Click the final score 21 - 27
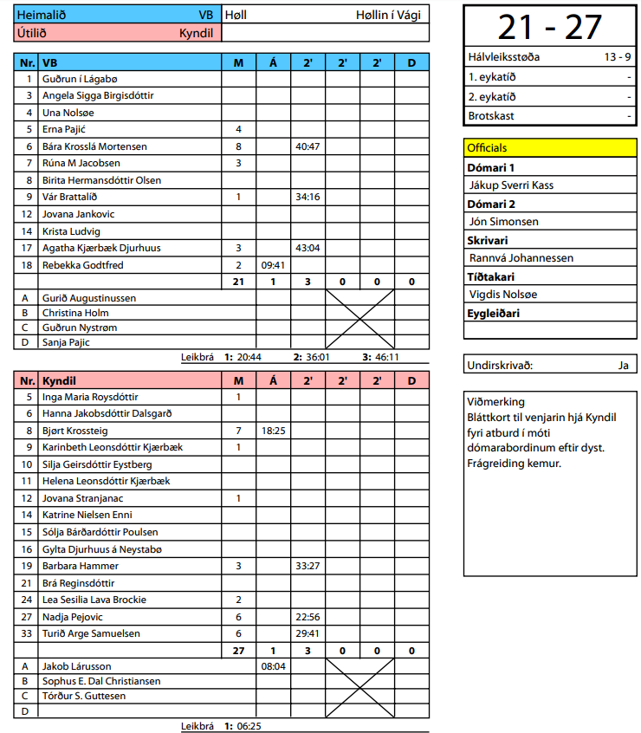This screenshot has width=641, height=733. coord(550,27)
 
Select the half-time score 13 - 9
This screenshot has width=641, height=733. coord(617,58)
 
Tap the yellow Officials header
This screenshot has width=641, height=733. coord(487,148)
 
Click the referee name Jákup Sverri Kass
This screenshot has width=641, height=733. coord(511,185)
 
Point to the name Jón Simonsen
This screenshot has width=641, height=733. coord(503,222)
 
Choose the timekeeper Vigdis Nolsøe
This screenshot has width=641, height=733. coord(503,295)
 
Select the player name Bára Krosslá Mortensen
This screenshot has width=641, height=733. coord(94,146)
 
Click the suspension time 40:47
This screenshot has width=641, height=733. coord(308,146)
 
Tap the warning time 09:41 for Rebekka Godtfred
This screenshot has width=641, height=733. coord(273,265)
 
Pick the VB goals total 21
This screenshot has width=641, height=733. coord(238,282)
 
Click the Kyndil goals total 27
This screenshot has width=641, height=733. coord(238,650)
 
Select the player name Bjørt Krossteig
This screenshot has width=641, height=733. coord(75,431)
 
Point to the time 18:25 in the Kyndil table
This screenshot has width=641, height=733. coord(273,431)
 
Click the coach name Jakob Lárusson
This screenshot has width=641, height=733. coord(77,666)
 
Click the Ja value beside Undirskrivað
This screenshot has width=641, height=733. coord(623,365)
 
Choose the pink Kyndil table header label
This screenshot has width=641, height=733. coord(59,380)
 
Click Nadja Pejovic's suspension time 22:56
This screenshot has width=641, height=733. coord(308,617)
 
